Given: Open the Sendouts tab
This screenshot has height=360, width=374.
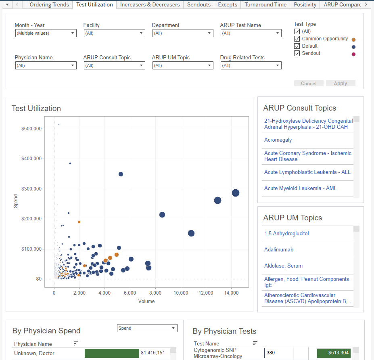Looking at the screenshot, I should (x=199, y=5).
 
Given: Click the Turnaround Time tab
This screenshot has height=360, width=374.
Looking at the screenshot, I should (x=265, y=5).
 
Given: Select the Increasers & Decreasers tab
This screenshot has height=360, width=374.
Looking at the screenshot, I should (x=150, y=5).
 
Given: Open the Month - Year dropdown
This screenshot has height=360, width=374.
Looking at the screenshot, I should (x=46, y=33).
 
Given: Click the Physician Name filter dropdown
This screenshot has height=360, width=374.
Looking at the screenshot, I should (x=46, y=65).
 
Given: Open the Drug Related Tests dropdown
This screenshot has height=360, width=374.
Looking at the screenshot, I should (x=251, y=65).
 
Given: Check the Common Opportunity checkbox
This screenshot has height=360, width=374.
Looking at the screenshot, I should (x=297, y=39).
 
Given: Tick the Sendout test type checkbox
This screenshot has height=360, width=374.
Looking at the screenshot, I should (x=297, y=53).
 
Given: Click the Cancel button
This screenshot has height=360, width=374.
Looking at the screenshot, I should (x=309, y=84).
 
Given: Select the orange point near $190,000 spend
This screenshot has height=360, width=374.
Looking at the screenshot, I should (x=79, y=222).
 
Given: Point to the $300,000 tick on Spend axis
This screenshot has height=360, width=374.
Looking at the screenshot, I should (x=31, y=189).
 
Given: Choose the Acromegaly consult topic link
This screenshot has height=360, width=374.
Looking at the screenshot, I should (x=278, y=140).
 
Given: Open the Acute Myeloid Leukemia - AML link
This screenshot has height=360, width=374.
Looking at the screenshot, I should (x=300, y=188).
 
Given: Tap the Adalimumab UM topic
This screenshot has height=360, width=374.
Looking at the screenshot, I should (x=279, y=250).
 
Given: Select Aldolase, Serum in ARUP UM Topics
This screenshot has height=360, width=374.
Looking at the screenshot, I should (x=283, y=266).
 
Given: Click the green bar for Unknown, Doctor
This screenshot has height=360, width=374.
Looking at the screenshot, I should (x=112, y=354).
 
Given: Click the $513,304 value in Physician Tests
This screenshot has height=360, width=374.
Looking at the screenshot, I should (x=333, y=353).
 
